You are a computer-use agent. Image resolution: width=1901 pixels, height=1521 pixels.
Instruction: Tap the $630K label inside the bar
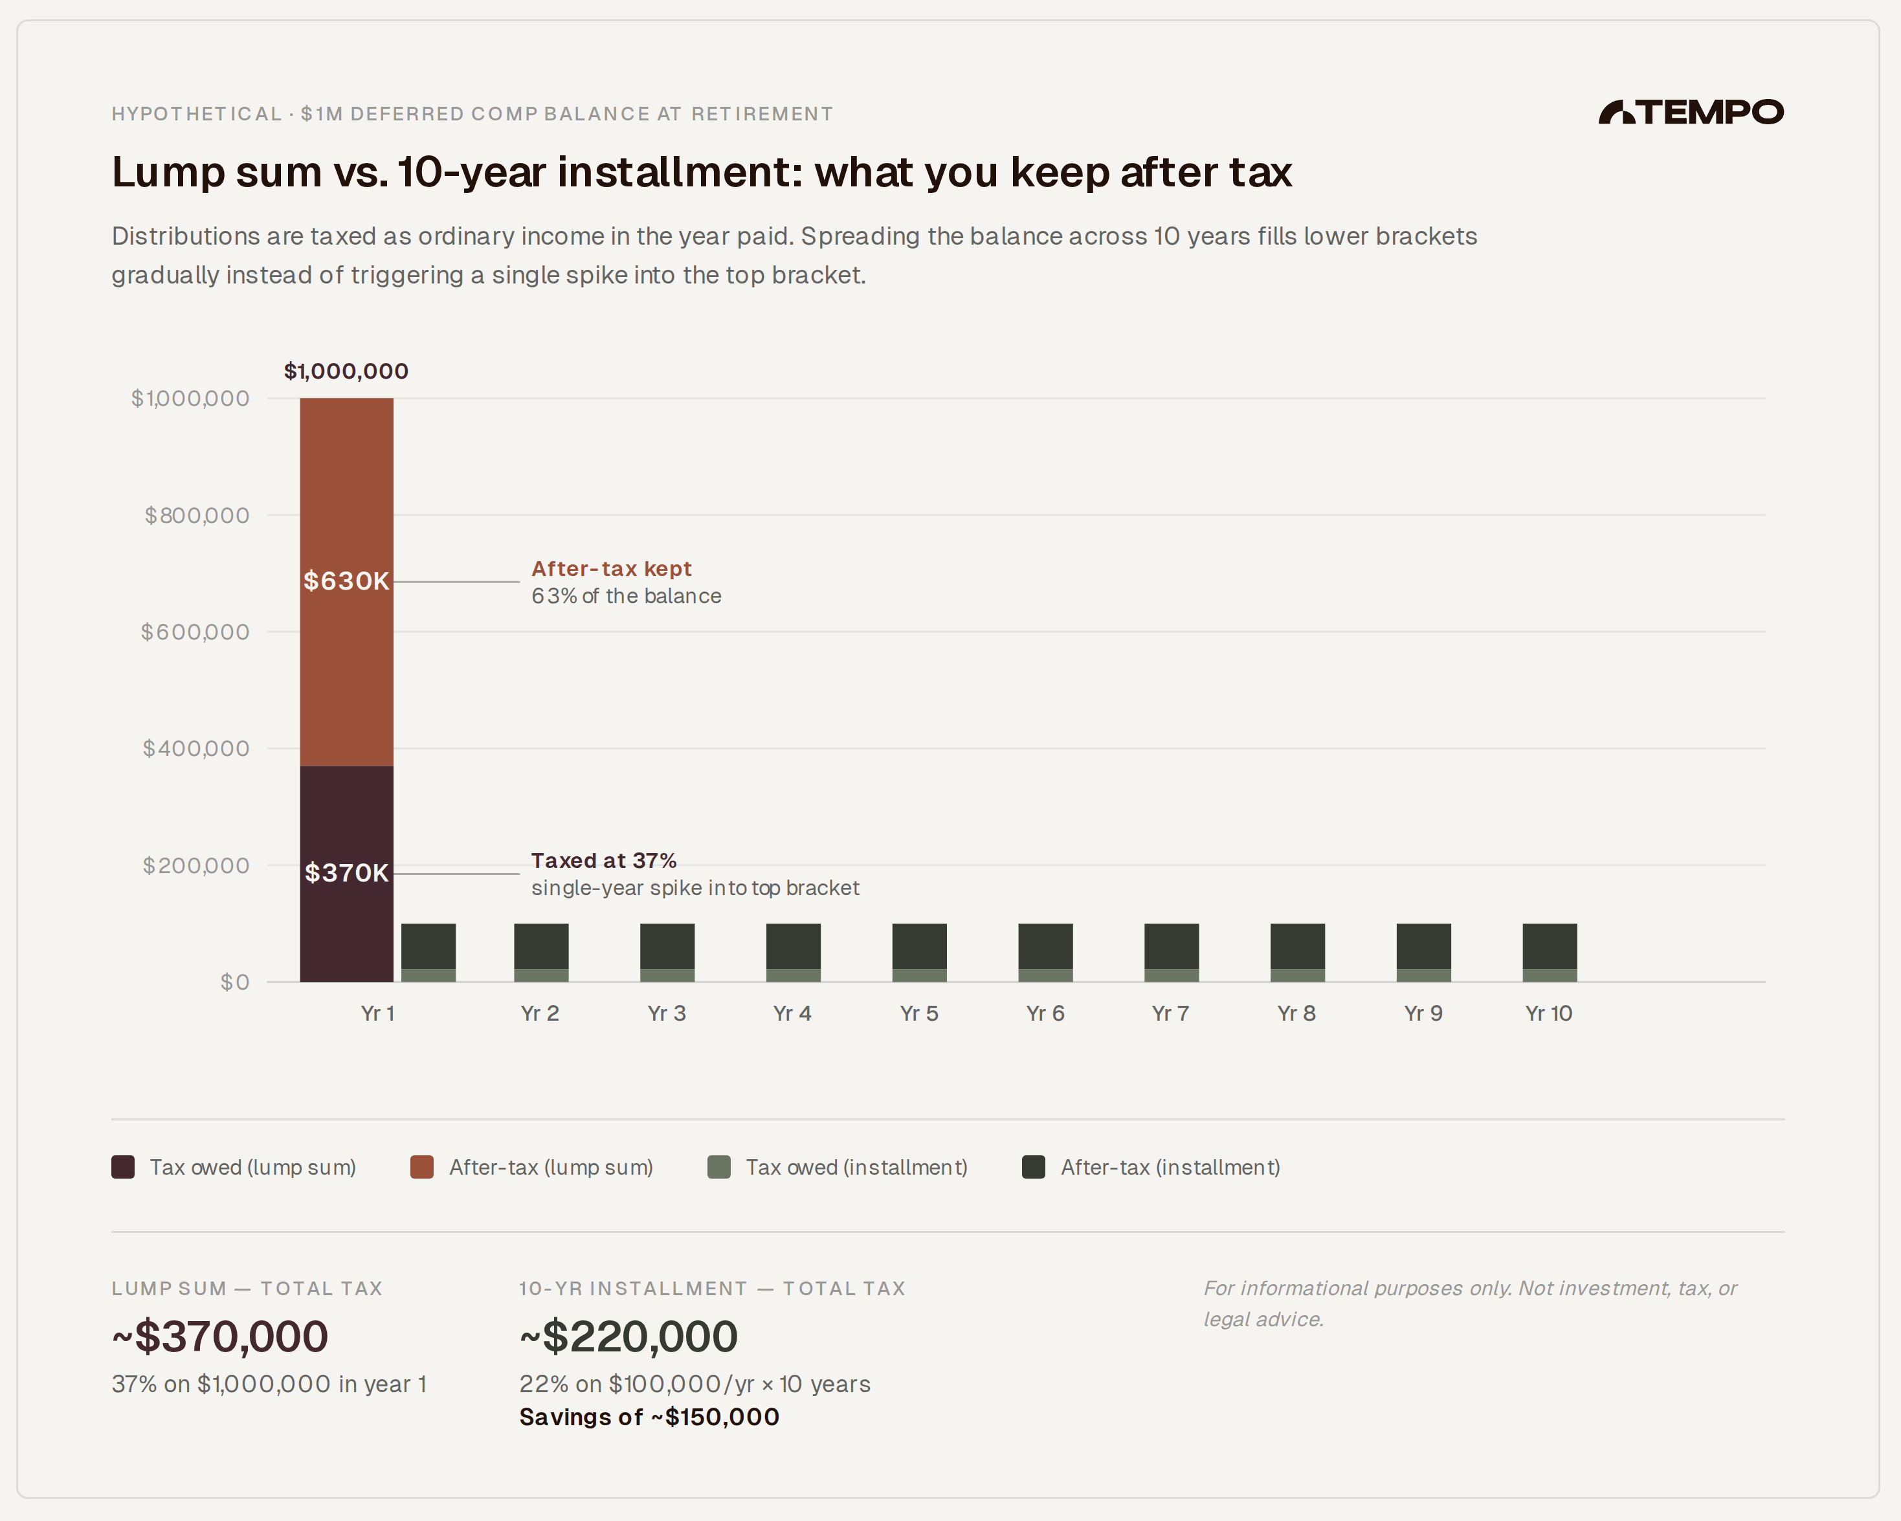346,581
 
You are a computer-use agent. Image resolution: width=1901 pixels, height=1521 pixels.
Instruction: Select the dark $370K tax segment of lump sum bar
346,829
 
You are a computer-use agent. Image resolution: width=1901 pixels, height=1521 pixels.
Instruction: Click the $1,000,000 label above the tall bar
346,372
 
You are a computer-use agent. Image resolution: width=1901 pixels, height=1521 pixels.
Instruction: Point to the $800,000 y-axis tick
197,516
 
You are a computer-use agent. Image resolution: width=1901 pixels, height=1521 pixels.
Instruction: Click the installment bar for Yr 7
1171,952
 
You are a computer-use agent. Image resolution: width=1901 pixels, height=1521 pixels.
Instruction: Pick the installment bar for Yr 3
667,952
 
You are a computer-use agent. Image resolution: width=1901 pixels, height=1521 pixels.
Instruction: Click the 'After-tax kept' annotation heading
611,569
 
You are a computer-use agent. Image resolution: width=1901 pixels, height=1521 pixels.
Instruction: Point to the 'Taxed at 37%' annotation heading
603,861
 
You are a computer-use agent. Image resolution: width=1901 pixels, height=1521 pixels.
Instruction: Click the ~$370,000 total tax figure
221,1337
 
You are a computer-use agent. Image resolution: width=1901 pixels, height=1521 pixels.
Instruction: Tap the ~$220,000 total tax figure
628,1337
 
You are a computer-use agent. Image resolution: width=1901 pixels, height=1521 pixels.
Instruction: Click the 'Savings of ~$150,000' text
649,1417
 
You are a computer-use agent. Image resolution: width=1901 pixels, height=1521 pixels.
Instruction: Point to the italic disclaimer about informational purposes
1469,1304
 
